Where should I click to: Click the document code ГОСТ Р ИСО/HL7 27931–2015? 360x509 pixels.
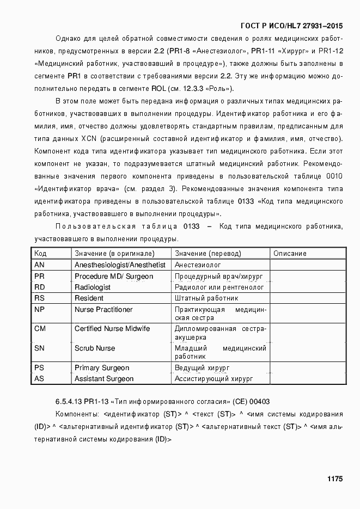click(291, 26)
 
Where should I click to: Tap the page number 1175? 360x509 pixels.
click(334, 479)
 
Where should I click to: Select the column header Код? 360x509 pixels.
click(40, 253)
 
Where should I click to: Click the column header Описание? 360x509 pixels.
click(290, 253)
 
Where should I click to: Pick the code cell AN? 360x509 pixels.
click(39, 265)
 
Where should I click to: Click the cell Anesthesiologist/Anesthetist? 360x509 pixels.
click(120, 265)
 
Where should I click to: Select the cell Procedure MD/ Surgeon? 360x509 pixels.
click(114, 276)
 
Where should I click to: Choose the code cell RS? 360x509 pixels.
click(39, 298)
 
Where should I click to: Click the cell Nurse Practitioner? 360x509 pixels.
click(103, 309)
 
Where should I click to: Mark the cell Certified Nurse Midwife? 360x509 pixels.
click(112, 329)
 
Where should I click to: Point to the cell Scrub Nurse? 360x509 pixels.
click(95, 348)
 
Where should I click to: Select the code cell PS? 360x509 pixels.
click(39, 367)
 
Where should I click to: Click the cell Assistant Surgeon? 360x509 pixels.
click(104, 378)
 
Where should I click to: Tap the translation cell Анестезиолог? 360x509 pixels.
click(198, 265)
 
